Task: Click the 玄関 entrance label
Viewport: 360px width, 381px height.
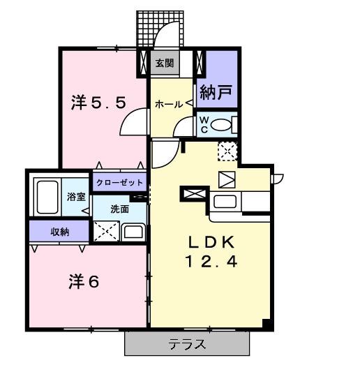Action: (164, 63)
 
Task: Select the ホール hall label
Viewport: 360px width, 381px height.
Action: (168, 104)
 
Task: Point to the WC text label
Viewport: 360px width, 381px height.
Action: (204, 124)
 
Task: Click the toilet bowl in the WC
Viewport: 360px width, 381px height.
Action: (223, 125)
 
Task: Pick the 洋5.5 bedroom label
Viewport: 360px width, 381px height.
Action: (99, 103)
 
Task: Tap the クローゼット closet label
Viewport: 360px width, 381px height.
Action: (119, 183)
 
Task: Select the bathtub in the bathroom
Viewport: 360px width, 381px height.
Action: (48, 197)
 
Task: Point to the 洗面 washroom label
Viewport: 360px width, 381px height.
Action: (119, 209)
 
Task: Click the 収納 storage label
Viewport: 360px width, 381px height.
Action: (59, 232)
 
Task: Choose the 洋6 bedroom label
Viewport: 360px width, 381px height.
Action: (84, 282)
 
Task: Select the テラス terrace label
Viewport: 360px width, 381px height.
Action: (186, 344)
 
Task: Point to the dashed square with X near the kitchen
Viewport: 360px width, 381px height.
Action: (227, 150)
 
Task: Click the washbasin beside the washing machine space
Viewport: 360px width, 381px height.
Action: (133, 232)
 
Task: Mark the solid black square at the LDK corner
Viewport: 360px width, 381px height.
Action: (266, 324)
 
